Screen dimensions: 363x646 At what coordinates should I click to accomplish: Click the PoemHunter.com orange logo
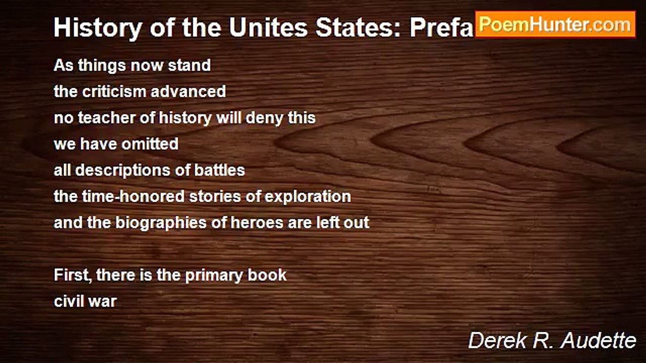pos(555,24)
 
